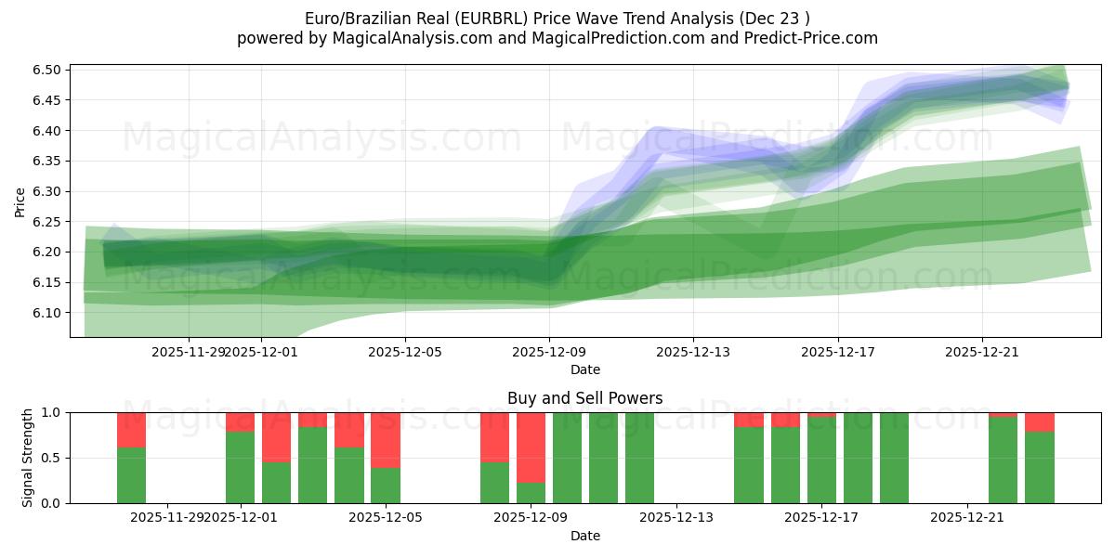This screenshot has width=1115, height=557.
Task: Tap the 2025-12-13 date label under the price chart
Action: (693, 352)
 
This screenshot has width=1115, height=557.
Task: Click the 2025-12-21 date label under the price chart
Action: (983, 352)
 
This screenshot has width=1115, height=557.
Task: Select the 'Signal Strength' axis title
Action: (28, 458)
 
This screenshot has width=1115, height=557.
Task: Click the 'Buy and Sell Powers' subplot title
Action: (584, 398)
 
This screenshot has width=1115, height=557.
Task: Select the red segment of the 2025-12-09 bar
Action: (531, 447)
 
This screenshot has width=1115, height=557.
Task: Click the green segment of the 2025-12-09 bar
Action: (531, 493)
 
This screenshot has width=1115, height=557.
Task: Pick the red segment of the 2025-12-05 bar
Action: (386, 440)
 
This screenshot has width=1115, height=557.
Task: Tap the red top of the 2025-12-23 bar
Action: (1040, 421)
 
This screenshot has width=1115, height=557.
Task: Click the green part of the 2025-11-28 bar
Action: (131, 475)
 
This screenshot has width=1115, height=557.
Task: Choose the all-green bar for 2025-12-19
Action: (894, 458)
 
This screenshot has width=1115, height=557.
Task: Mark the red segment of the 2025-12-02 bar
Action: (276, 436)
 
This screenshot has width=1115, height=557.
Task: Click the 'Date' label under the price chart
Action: (584, 369)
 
